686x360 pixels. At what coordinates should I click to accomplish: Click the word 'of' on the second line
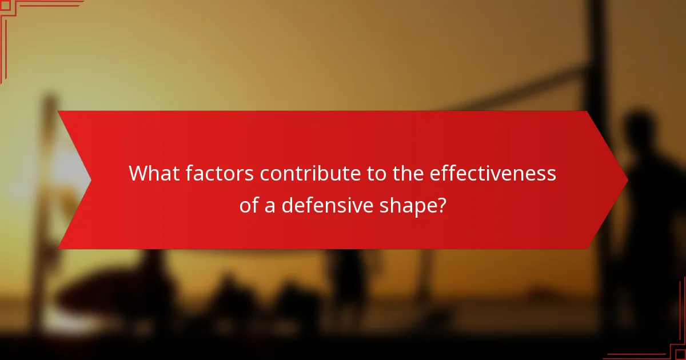click(x=249, y=205)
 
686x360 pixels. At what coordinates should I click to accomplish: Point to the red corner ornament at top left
click(x=17, y=17)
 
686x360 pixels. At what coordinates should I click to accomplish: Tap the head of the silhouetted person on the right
click(x=639, y=129)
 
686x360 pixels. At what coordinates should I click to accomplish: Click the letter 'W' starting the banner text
click(x=138, y=174)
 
